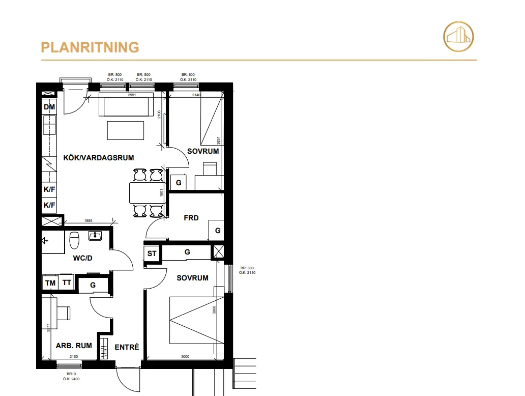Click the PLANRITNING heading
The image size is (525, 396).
[90, 47]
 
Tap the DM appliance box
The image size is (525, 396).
[49, 107]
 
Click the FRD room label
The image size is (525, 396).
[191, 218]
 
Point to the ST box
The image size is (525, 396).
[152, 253]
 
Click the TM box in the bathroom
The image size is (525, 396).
[50, 283]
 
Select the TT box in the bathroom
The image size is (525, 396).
[67, 283]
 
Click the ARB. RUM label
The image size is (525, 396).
[74, 346]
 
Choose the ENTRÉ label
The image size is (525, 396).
[127, 347]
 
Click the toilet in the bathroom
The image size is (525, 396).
[74, 239]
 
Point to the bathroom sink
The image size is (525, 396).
[95, 236]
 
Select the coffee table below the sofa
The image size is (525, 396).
[126, 130]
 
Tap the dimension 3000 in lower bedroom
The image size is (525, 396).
[185, 357]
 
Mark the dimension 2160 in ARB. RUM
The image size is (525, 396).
[74, 357]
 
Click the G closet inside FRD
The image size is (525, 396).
[217, 231]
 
